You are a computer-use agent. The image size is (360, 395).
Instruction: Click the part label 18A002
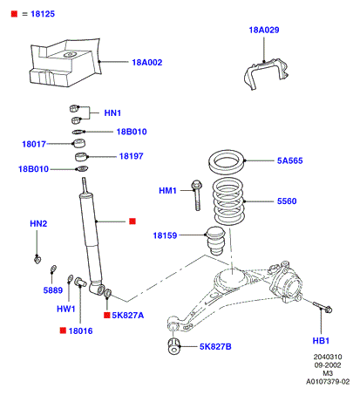click(147, 63)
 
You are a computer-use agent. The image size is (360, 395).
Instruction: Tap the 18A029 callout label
click(264, 30)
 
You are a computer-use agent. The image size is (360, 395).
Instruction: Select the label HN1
click(112, 112)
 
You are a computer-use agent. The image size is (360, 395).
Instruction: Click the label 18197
click(132, 156)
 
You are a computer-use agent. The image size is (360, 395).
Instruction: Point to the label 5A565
click(289, 160)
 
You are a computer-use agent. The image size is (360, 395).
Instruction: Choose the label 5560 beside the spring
click(287, 201)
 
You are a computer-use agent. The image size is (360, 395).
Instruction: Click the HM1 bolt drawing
click(197, 194)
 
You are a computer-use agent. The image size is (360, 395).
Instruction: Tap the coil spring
click(228, 201)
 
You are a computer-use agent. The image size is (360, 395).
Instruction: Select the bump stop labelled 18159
click(215, 241)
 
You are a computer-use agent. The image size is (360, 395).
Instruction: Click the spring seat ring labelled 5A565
click(227, 162)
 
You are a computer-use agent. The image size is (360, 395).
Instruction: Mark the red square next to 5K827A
click(107, 315)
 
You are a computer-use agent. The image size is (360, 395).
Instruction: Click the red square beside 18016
click(63, 330)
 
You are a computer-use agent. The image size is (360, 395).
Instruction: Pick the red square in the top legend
click(14, 14)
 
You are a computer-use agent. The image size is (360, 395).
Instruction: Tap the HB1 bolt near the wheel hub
click(323, 307)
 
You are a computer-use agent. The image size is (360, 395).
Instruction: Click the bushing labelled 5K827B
click(173, 346)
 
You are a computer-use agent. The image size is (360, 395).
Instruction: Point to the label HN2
click(38, 224)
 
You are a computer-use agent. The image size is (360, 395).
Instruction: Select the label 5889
click(53, 290)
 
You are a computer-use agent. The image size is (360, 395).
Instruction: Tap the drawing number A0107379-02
click(328, 382)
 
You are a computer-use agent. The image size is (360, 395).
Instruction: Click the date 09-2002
click(328, 365)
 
